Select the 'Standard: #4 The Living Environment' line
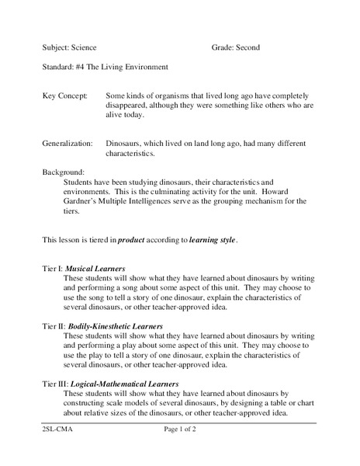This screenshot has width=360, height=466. click(x=105, y=67)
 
